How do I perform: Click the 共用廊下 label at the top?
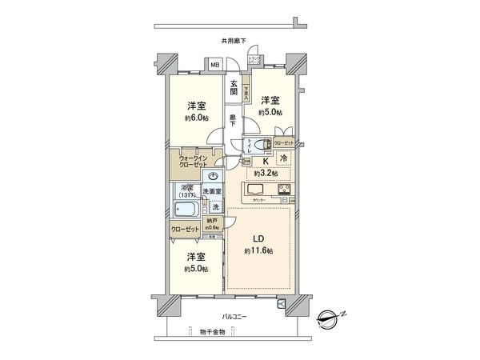[233, 40]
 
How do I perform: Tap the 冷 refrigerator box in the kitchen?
[286, 158]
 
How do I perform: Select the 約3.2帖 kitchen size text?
[266, 173]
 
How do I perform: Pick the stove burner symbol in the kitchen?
[285, 190]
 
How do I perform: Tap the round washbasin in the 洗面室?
[214, 178]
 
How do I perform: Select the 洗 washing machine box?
[216, 207]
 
